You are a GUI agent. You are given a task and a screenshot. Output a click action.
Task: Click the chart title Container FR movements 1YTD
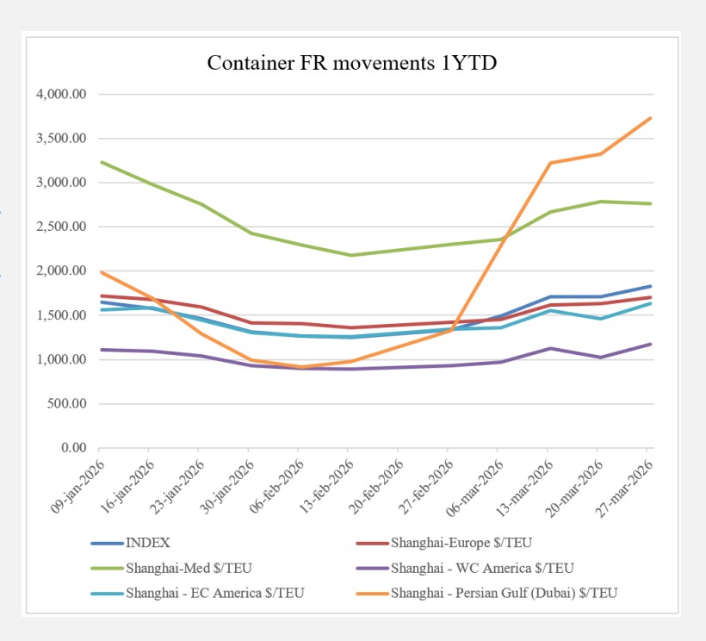352,63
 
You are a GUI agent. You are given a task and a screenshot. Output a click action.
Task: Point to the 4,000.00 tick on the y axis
61,94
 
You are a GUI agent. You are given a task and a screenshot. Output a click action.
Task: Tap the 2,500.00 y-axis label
61,227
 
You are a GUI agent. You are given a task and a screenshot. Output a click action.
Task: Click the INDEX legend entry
147,544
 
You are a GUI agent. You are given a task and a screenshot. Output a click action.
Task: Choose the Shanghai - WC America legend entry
481,568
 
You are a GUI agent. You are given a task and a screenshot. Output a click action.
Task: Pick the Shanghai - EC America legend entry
214,592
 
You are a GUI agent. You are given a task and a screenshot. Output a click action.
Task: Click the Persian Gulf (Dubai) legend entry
504,592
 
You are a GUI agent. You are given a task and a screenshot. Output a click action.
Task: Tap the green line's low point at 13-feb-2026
350,255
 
